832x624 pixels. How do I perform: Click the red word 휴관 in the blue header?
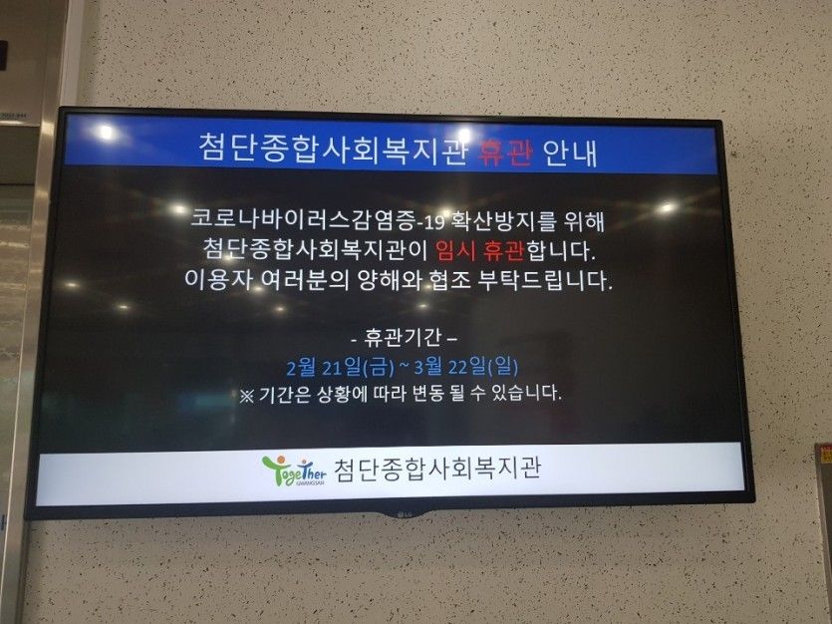(504, 152)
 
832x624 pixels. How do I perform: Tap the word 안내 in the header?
(570, 153)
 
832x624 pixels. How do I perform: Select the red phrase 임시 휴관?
(479, 250)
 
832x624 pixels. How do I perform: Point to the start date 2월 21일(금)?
(340, 367)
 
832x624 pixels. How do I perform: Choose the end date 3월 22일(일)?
(466, 366)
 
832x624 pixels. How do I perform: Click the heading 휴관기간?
(403, 337)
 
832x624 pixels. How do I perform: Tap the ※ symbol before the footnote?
(246, 396)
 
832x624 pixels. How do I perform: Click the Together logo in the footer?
(294, 470)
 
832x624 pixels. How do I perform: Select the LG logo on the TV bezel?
(403, 513)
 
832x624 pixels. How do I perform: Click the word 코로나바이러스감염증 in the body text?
(302, 218)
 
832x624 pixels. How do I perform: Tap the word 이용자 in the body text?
(218, 278)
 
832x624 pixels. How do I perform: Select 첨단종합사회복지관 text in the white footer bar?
(437, 468)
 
